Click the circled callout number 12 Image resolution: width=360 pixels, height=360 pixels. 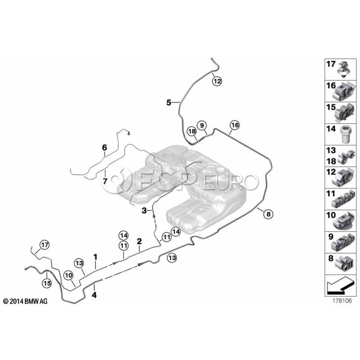click(217, 81)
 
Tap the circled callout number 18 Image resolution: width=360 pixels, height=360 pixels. click(192, 131)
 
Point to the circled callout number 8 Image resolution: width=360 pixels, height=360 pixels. click(268, 214)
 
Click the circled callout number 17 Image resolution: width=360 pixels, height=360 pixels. click(44, 245)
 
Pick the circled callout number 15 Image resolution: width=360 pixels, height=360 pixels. click(47, 283)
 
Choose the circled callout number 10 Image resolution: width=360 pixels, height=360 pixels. click(69, 275)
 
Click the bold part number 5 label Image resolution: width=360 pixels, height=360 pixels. click(169, 103)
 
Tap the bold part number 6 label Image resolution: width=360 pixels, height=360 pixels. click(104, 147)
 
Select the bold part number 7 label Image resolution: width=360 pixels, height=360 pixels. click(105, 181)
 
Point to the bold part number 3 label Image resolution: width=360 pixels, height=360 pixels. click(144, 210)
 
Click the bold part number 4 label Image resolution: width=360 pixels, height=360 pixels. click(94, 295)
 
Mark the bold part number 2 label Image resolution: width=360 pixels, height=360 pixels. click(139, 241)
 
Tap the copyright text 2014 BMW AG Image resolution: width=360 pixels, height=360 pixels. click(25, 301)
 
